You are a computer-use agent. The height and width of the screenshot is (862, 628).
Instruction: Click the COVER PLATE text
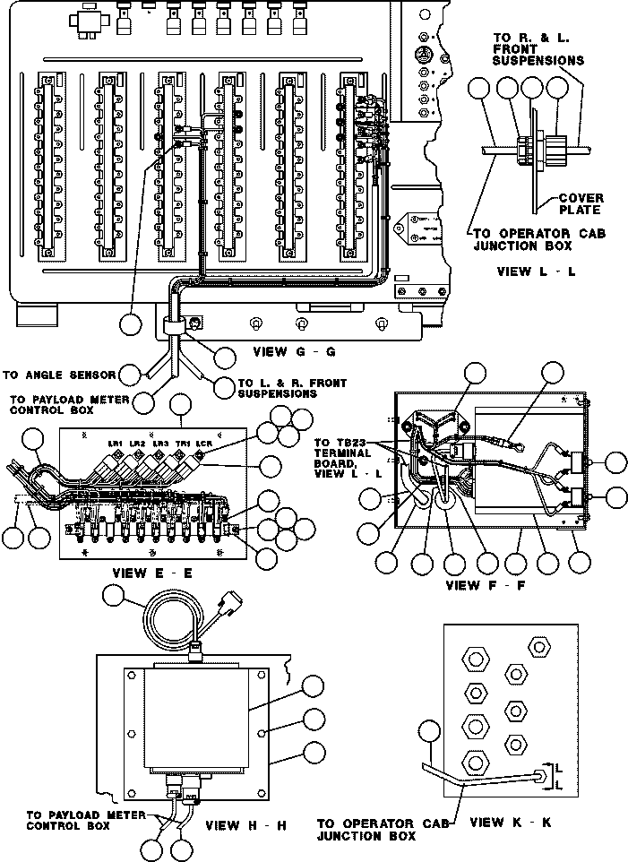[x=581, y=204]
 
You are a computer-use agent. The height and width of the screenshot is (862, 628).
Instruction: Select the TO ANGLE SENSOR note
[x=59, y=375]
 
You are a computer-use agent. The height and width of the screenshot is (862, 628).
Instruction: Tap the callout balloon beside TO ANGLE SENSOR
[x=131, y=374]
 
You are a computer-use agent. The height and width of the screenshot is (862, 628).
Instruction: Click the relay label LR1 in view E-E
[x=114, y=443]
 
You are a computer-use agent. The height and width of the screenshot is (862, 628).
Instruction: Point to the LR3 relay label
[x=160, y=443]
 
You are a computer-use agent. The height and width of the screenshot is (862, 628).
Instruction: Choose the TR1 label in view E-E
[x=183, y=443]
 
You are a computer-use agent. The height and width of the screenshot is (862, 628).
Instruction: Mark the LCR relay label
[x=205, y=443]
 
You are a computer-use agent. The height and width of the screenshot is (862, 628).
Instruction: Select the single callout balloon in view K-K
[x=431, y=733]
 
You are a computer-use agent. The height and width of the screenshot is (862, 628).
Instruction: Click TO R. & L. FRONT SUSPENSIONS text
[x=538, y=49]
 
